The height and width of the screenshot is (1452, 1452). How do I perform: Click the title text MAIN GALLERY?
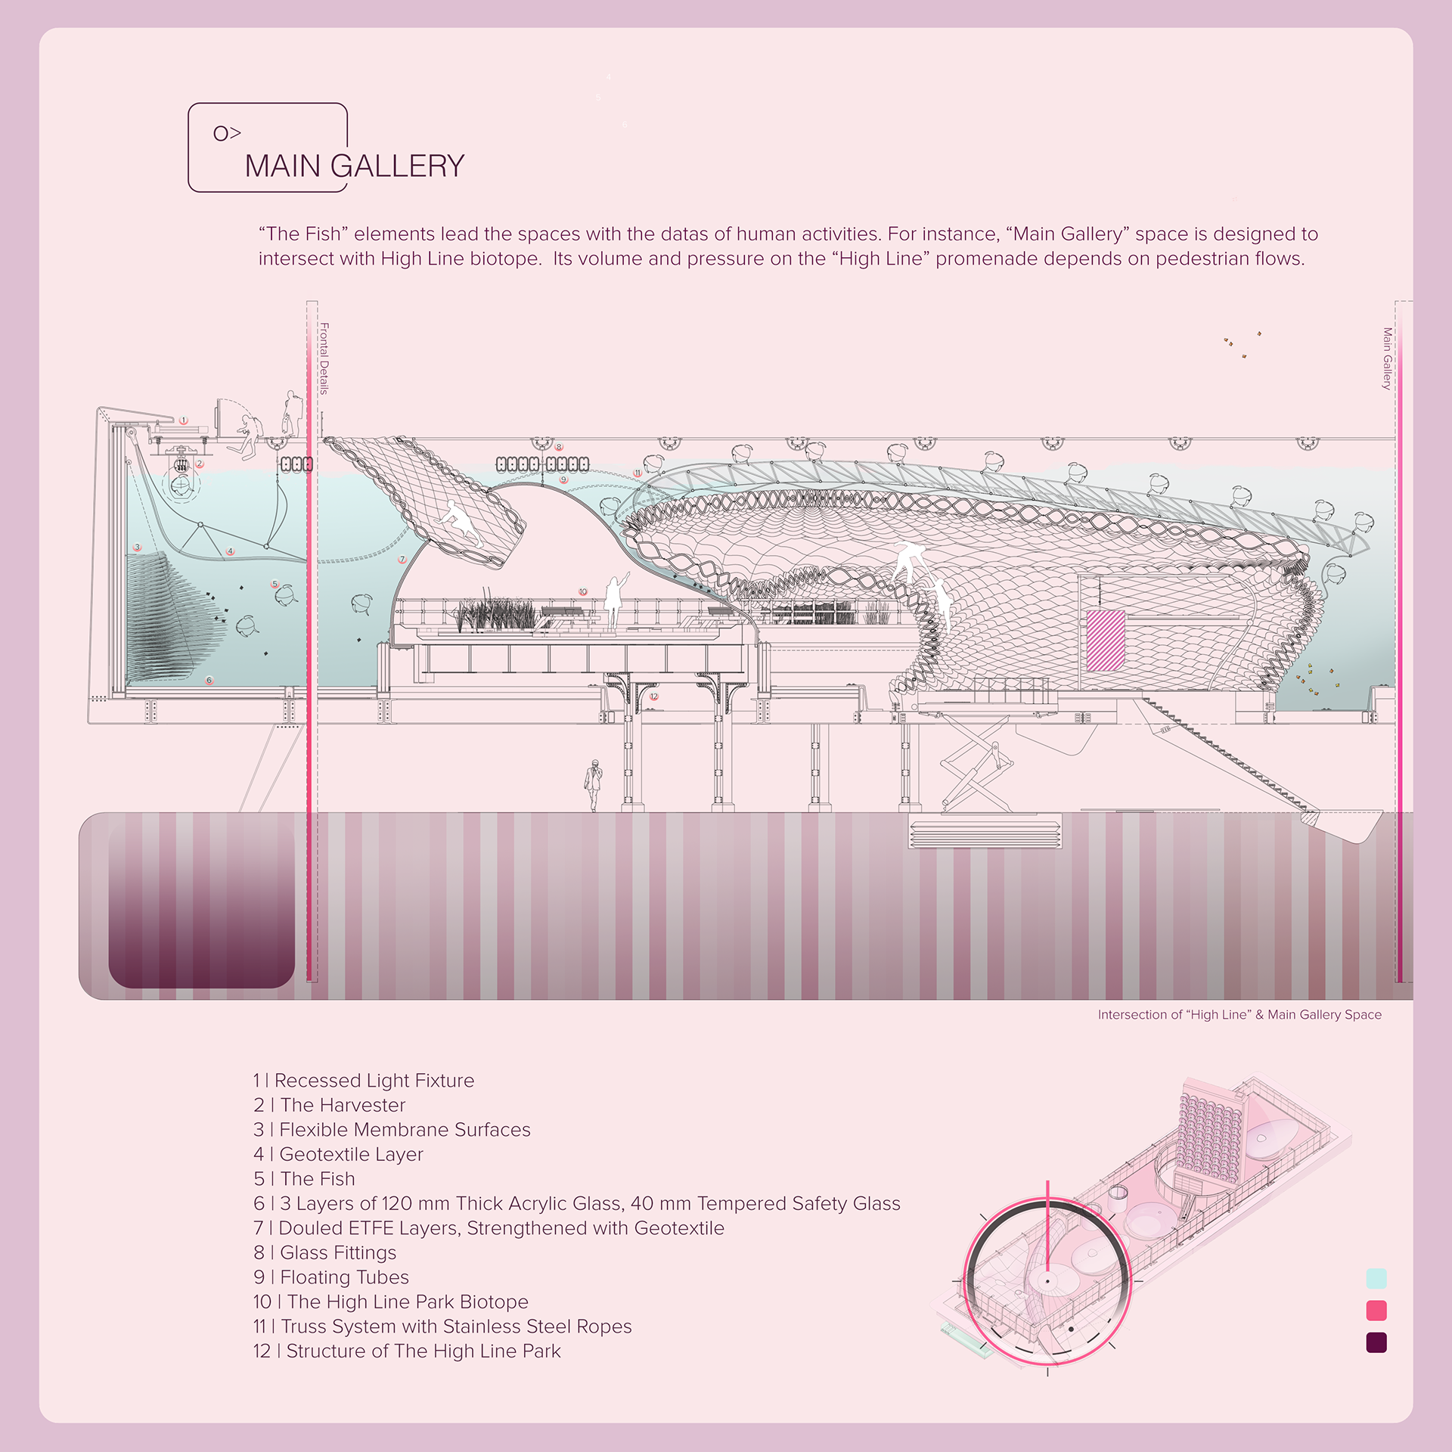point(355,166)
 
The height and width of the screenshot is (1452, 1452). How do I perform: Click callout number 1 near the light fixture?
point(183,420)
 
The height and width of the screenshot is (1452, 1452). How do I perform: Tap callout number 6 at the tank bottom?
point(209,680)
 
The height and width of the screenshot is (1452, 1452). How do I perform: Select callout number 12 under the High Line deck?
point(654,696)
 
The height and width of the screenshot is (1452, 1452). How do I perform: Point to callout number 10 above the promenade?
point(582,591)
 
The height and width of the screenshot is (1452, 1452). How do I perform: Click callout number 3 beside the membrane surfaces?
point(137,547)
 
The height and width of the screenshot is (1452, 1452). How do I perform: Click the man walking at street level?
point(594,785)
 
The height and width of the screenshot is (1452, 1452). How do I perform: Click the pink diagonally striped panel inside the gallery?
point(1106,641)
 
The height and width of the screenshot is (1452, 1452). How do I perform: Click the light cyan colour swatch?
point(1376,1279)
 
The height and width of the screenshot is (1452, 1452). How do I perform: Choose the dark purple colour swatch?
point(1376,1342)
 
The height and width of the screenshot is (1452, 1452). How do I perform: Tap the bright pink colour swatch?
point(1376,1311)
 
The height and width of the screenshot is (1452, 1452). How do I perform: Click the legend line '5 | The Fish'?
point(304,1178)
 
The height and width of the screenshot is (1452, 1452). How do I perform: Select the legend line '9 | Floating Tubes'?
point(331,1277)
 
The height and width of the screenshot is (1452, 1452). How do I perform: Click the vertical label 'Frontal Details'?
point(324,358)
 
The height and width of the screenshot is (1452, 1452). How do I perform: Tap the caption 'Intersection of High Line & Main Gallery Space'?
point(1239,1015)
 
